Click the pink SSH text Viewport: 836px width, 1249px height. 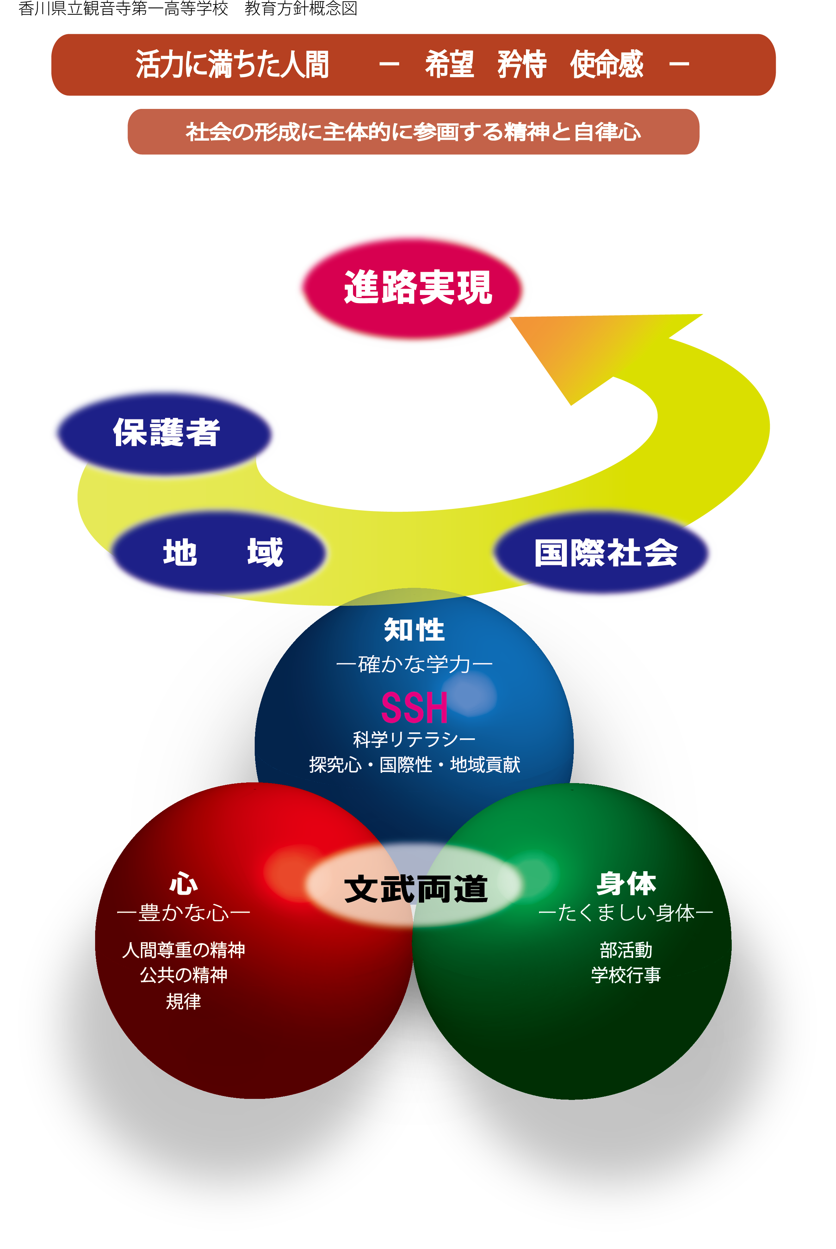[x=414, y=707]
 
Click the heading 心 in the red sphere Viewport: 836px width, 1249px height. [x=184, y=883]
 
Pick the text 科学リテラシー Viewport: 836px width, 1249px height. [x=414, y=739]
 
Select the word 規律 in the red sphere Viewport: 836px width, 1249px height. [x=184, y=1001]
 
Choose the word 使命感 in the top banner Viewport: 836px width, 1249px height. [x=606, y=64]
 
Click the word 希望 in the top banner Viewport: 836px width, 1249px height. [x=450, y=64]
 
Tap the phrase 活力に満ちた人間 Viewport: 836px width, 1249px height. [x=233, y=64]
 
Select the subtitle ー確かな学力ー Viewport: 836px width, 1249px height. [x=414, y=664]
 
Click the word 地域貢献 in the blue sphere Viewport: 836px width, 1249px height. [x=485, y=765]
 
